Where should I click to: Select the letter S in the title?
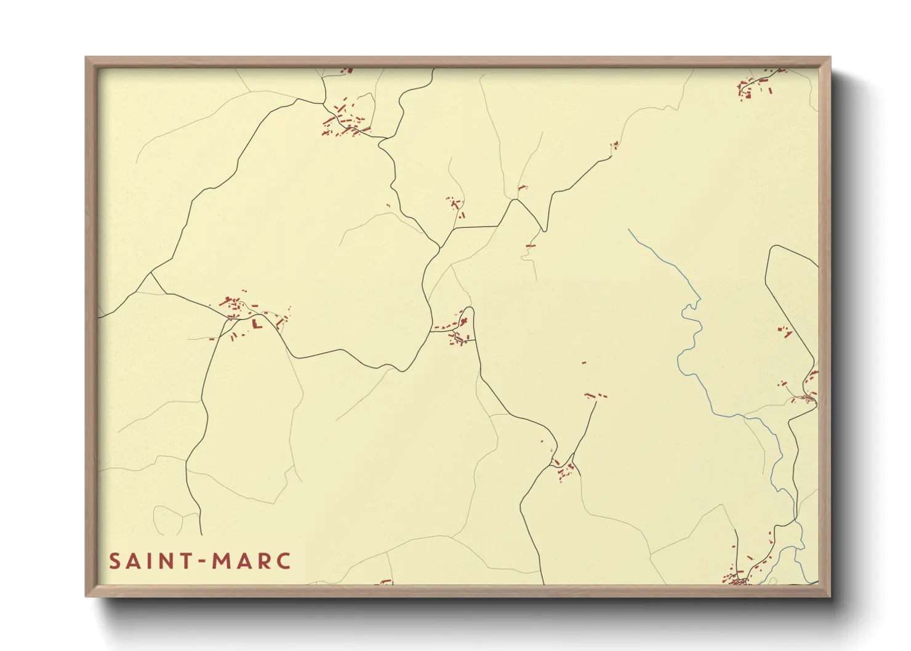[x=114, y=561]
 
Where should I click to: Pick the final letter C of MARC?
[x=283, y=561]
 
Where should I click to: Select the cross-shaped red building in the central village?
[x=464, y=321]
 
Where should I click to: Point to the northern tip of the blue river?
[x=628, y=230]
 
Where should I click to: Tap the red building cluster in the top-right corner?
[x=756, y=87]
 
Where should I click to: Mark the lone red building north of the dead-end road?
[x=584, y=363]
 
